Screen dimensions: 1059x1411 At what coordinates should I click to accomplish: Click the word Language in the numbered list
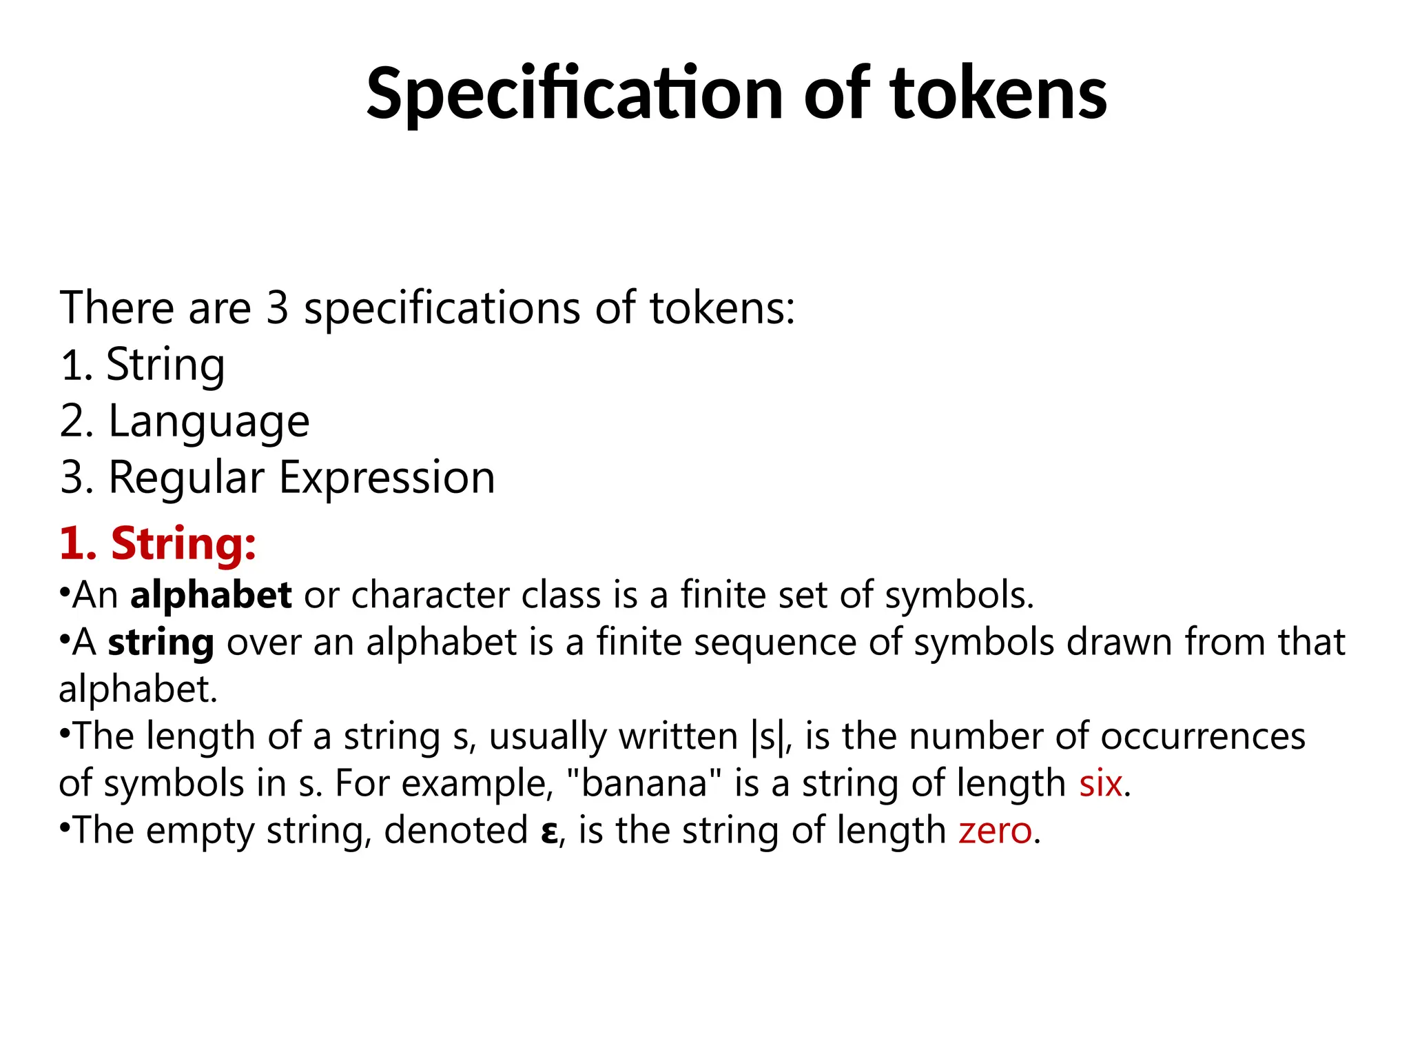[x=209, y=421]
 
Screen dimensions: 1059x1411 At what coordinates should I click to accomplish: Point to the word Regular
[x=186, y=477]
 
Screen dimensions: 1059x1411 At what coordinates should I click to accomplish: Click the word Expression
[x=387, y=477]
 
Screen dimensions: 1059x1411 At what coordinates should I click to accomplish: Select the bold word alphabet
[x=211, y=595]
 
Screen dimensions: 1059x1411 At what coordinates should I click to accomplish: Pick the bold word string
[x=161, y=643]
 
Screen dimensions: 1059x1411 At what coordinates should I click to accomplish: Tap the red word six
[x=1100, y=783]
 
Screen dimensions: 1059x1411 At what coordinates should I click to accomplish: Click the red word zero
[x=995, y=830]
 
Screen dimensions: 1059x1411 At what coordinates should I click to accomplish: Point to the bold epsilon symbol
[x=549, y=831]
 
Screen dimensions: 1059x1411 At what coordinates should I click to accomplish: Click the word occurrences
[x=1202, y=736]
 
